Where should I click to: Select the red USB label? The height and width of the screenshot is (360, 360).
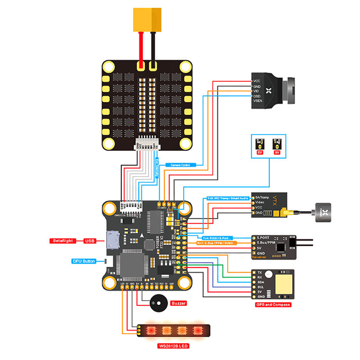(90, 241)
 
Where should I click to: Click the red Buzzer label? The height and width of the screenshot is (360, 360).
(179, 303)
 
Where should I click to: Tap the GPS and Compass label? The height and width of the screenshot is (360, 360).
(272, 305)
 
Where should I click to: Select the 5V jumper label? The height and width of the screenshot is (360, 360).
(260, 152)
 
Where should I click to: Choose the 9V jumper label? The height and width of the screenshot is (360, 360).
(277, 152)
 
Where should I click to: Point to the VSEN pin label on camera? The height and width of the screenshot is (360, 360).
(258, 101)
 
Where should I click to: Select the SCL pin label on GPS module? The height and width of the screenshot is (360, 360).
(260, 285)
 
